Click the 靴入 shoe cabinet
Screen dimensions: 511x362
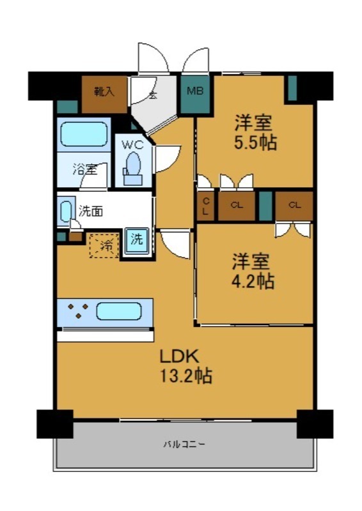(x=104, y=91)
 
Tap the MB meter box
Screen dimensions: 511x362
(x=194, y=92)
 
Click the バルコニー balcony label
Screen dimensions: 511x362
(x=184, y=444)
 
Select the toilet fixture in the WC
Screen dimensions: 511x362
(x=133, y=165)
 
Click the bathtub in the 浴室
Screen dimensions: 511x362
(x=84, y=135)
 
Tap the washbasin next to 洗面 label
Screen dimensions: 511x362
(x=66, y=211)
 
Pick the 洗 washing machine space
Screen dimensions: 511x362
(x=138, y=241)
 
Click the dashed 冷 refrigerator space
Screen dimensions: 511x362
(x=103, y=245)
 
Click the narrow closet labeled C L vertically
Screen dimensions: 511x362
(x=205, y=206)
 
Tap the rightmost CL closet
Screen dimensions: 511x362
(x=294, y=206)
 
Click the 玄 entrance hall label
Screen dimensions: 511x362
(x=153, y=96)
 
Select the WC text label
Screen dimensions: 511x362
(x=132, y=144)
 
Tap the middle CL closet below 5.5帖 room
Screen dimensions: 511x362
(x=236, y=206)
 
